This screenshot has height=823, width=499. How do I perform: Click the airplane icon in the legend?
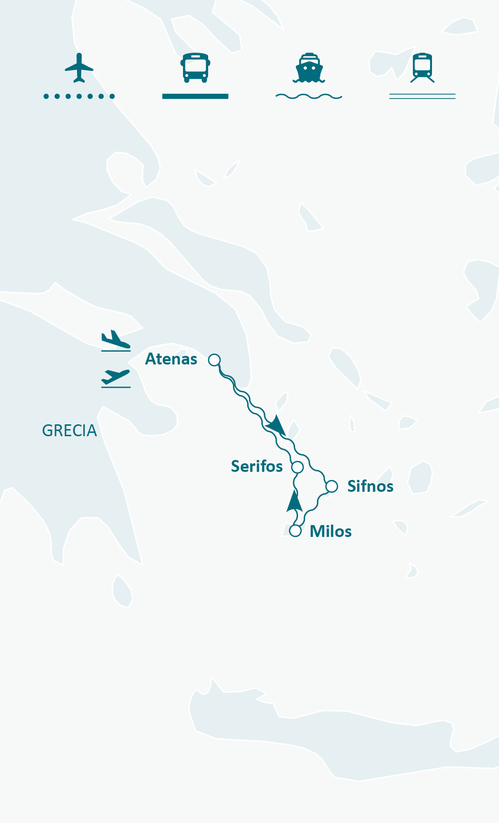coord(79,67)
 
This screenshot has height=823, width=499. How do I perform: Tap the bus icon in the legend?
coord(195,67)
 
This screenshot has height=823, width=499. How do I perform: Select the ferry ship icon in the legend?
coord(309,67)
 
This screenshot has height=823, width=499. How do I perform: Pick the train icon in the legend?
coord(422,67)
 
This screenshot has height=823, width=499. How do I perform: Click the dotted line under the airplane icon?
coord(79,96)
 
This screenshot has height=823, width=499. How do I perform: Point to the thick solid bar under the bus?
coord(195,96)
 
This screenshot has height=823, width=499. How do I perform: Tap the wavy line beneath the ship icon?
coord(309,96)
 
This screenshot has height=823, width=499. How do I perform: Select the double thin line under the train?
coord(422,96)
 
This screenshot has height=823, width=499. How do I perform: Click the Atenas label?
coord(171,359)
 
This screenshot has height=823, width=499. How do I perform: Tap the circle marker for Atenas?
coord(214,360)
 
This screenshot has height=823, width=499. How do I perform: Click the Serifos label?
coord(257,467)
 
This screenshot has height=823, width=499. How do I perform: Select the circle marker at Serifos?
coord(297,467)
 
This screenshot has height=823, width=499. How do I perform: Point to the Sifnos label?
coord(370,487)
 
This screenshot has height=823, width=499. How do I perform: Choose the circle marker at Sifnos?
coord(332,486)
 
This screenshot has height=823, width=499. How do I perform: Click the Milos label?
coord(330,531)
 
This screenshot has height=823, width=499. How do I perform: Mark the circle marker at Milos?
coord(296,531)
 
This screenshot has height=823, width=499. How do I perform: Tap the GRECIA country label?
coord(69,431)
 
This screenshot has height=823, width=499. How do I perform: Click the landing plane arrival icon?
coord(115,340)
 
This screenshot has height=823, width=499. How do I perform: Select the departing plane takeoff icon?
coord(115,378)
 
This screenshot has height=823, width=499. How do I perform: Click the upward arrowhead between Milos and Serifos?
coord(295,502)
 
